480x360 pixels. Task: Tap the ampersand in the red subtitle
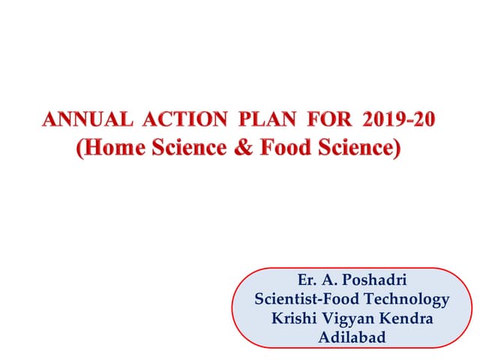[241, 147]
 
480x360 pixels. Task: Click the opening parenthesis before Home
[79, 148]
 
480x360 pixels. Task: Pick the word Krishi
[295, 318]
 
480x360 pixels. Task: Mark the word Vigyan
[349, 319]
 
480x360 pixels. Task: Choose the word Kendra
[406, 318]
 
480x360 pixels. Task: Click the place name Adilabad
[352, 337]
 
